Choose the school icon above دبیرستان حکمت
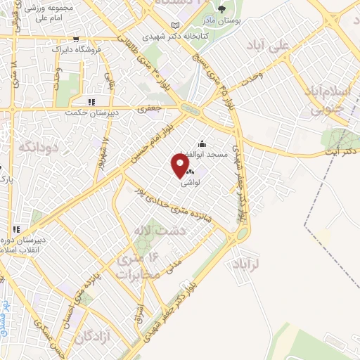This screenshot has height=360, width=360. (x=91, y=101)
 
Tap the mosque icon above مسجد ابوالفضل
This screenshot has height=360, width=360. (x=202, y=143)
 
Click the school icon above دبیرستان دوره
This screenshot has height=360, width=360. (x=15, y=229)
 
